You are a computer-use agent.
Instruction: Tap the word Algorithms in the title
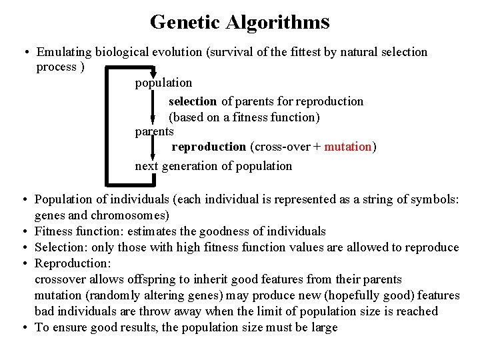click(278, 22)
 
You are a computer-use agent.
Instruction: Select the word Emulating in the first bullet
click(63, 52)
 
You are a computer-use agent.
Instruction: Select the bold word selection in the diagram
click(193, 101)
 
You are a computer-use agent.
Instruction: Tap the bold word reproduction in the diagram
click(209, 147)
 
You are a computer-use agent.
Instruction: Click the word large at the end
click(323, 327)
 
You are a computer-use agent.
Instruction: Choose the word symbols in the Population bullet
click(434, 199)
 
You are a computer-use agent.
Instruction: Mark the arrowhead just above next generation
click(153, 157)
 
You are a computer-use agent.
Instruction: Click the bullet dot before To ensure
click(23, 327)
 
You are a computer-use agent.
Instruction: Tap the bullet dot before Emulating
click(23, 52)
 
